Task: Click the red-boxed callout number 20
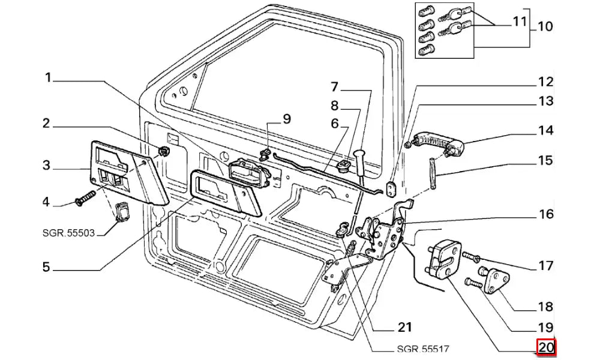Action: click(546, 347)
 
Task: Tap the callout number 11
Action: click(520, 22)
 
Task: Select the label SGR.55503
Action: click(68, 233)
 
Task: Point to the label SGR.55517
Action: click(422, 349)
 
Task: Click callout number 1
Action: click(48, 78)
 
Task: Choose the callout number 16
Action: click(546, 214)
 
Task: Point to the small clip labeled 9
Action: click(265, 154)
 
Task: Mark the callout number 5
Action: click(46, 266)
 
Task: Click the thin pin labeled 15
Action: click(433, 173)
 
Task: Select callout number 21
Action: click(405, 327)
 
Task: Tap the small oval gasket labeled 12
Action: click(391, 189)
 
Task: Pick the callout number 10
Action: click(545, 27)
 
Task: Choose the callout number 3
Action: click(46, 166)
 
